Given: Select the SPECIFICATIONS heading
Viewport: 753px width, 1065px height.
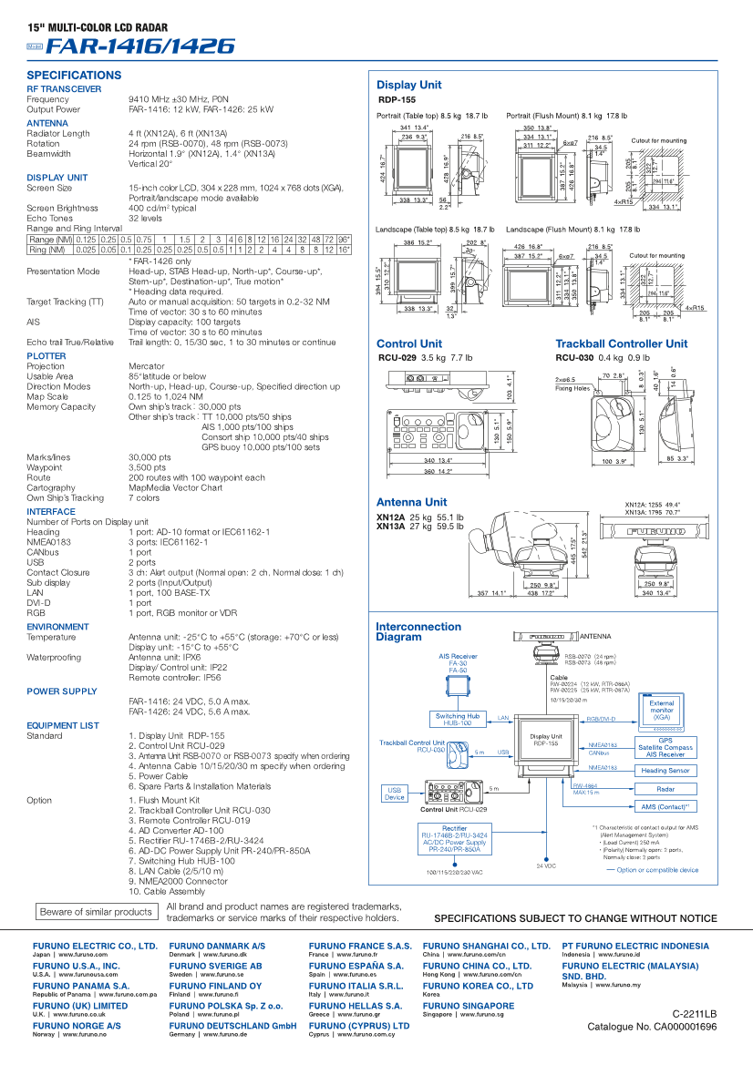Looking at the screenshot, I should [x=74, y=75].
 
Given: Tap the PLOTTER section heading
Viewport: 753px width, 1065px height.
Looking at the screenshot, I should [x=46, y=356].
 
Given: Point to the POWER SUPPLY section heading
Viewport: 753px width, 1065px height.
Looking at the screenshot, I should [x=62, y=691].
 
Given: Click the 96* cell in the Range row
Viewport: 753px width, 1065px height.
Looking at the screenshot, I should [x=344, y=239].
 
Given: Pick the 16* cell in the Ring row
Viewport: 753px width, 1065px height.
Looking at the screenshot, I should [x=344, y=249].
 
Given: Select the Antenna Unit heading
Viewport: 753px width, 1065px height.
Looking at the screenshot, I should [x=411, y=502].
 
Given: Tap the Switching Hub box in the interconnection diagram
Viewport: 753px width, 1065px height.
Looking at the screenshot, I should [x=458, y=719].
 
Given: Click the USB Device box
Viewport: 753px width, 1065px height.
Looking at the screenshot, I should [x=395, y=794].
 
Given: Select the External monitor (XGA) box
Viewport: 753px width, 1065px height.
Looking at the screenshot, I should [x=662, y=710].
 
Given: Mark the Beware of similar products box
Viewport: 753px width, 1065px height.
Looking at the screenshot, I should [x=96, y=912].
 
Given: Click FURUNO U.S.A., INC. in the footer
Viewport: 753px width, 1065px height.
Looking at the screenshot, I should [x=77, y=966].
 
